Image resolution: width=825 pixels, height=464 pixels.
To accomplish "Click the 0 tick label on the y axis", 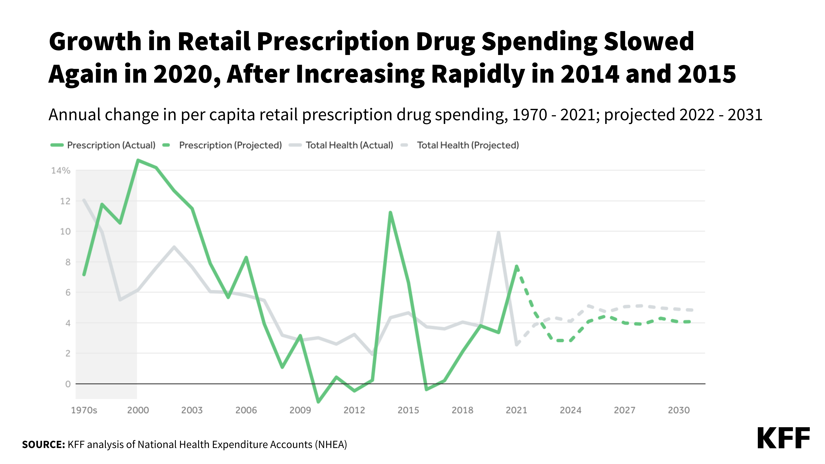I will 68,384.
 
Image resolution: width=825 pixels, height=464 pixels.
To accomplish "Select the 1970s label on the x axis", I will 84,410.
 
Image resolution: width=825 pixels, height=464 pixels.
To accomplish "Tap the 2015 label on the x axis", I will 408,410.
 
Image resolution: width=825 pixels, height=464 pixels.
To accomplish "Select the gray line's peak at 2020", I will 498,232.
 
